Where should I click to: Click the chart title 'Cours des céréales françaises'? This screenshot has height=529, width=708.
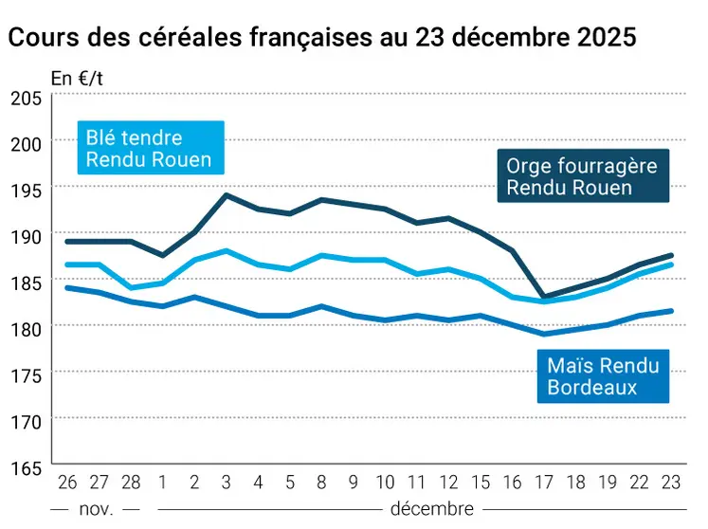[321, 39]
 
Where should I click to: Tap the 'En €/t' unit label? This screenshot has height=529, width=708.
[77, 79]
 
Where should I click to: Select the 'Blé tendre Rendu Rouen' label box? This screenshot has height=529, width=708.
[149, 148]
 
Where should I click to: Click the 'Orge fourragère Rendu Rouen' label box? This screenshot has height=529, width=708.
[582, 176]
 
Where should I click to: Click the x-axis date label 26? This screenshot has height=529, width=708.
[65, 483]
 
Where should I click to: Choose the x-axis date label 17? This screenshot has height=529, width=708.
[543, 483]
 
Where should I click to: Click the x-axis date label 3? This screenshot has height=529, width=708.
[227, 483]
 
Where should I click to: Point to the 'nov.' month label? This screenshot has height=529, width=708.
[97, 509]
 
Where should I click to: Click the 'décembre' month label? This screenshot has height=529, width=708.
[431, 509]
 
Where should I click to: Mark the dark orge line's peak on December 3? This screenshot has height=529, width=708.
[227, 195]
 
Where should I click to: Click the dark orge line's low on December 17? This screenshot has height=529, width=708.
[543, 297]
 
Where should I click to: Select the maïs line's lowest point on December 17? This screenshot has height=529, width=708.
[543, 334]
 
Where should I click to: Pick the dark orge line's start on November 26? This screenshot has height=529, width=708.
[65, 241]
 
